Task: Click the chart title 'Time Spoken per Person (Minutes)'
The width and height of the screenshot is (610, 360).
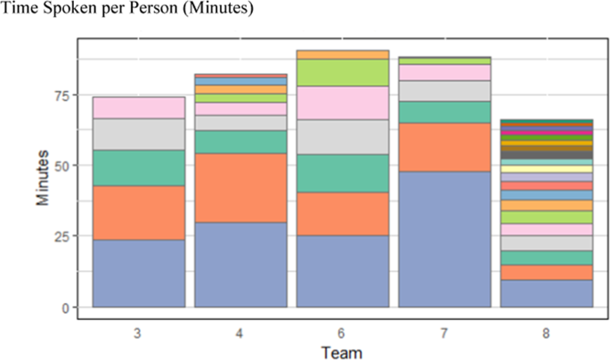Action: coord(127,10)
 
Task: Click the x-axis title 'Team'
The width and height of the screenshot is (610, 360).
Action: coord(342,351)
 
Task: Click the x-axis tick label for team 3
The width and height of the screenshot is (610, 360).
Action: coord(138,332)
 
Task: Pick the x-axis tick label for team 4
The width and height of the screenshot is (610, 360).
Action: coord(240,332)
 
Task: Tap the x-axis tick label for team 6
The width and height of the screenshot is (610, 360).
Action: coord(343,332)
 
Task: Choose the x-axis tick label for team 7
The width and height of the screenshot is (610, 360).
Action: coord(444,332)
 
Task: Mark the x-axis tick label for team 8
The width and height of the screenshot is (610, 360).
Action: coord(547,332)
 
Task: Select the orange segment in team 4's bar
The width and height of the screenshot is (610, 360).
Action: coord(240,187)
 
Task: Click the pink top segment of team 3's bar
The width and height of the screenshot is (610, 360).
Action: coord(138,108)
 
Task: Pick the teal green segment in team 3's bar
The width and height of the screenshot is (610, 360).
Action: coord(138,168)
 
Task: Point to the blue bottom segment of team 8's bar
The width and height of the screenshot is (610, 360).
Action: coord(547,293)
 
